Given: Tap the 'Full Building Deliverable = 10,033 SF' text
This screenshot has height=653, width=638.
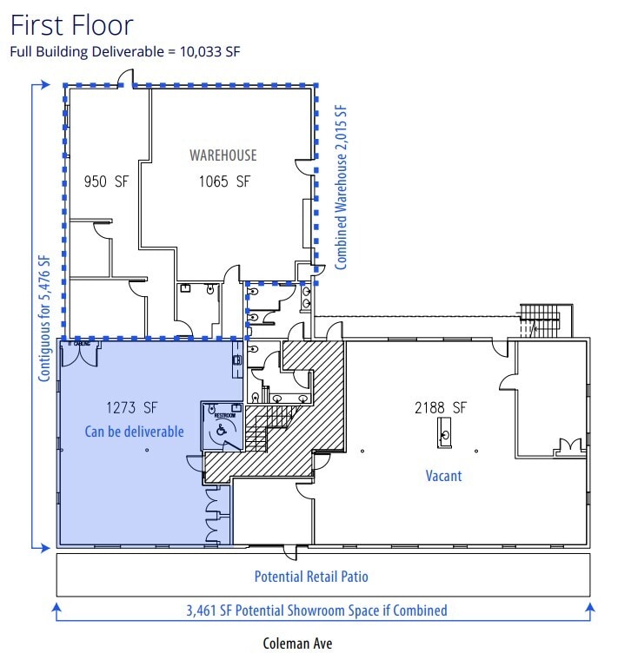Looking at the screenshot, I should [x=125, y=50].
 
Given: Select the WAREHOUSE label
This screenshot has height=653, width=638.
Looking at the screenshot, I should [x=223, y=155].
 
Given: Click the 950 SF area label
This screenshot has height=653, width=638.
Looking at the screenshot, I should [x=104, y=181].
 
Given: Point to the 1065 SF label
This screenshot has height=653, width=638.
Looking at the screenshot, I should [x=223, y=181].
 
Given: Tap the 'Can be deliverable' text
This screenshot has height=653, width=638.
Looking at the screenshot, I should [x=134, y=431].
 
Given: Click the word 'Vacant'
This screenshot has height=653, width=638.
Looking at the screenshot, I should [x=443, y=476].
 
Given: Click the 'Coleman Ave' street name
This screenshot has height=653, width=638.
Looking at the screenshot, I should [x=297, y=643].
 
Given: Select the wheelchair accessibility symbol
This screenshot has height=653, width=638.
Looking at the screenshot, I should [x=222, y=429].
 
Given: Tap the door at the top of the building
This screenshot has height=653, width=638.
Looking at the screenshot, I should [x=126, y=81].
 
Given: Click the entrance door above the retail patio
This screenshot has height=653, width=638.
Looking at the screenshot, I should [x=291, y=552].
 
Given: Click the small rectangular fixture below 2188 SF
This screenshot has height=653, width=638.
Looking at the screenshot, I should [x=444, y=432].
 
